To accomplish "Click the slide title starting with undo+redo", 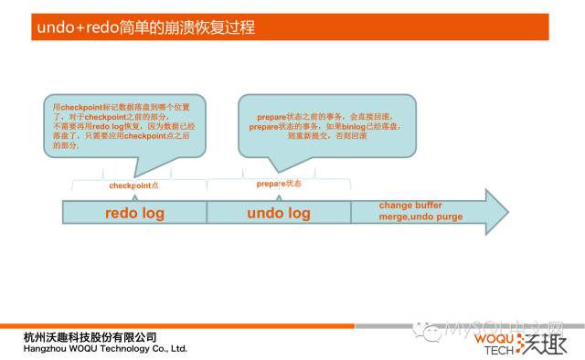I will click(145, 26).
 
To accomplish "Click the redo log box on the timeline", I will click(134, 213).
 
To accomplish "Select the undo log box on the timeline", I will click(279, 213).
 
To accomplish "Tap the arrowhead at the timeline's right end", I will click(495, 212).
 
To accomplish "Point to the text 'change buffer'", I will click(410, 206).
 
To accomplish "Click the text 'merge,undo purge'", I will click(420, 217).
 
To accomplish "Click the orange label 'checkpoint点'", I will click(134, 185).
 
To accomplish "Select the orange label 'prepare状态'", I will click(279, 184).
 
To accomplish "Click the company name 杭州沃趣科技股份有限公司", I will click(90, 337).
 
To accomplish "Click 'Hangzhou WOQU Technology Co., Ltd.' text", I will click(105, 348).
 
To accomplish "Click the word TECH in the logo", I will click(497, 349).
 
